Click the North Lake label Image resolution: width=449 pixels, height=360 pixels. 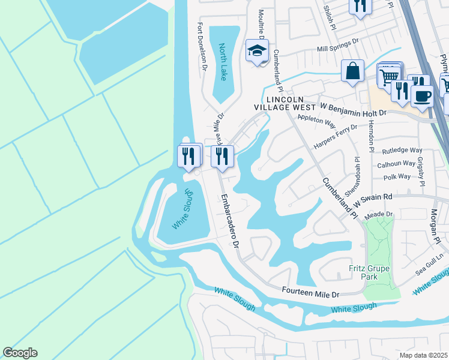click(x=223, y=62)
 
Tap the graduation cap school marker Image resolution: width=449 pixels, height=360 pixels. click(x=257, y=52)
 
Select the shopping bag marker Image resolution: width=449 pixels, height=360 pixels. click(x=352, y=71)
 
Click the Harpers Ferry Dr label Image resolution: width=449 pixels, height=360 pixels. click(x=336, y=136)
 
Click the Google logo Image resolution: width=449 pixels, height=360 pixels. click(x=20, y=353)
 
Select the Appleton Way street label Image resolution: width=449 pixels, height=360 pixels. click(x=316, y=122)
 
